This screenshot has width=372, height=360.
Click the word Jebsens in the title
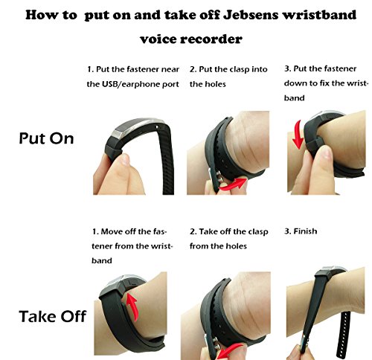point(251,15)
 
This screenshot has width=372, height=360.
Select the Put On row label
point(46,138)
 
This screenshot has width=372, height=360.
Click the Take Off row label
point(52,316)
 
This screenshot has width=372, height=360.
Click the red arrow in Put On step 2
point(233,184)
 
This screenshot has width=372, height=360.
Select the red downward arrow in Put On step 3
point(298,135)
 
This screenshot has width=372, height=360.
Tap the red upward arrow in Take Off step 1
point(132,307)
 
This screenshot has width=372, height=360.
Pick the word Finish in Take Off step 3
point(305,231)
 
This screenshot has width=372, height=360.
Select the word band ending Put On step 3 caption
point(294,98)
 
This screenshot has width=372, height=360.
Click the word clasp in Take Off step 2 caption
point(258,232)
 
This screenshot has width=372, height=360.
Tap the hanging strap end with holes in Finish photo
point(345,333)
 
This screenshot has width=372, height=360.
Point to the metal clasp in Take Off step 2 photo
point(212,344)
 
